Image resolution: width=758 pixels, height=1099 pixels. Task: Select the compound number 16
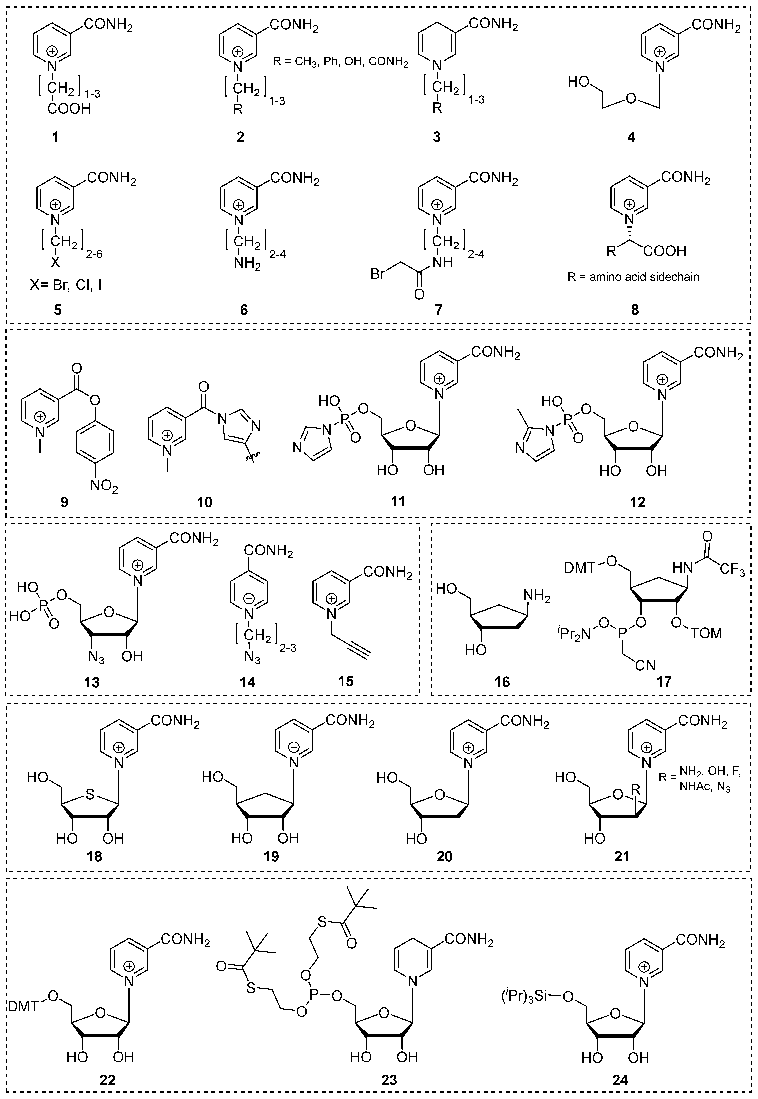(502, 682)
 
